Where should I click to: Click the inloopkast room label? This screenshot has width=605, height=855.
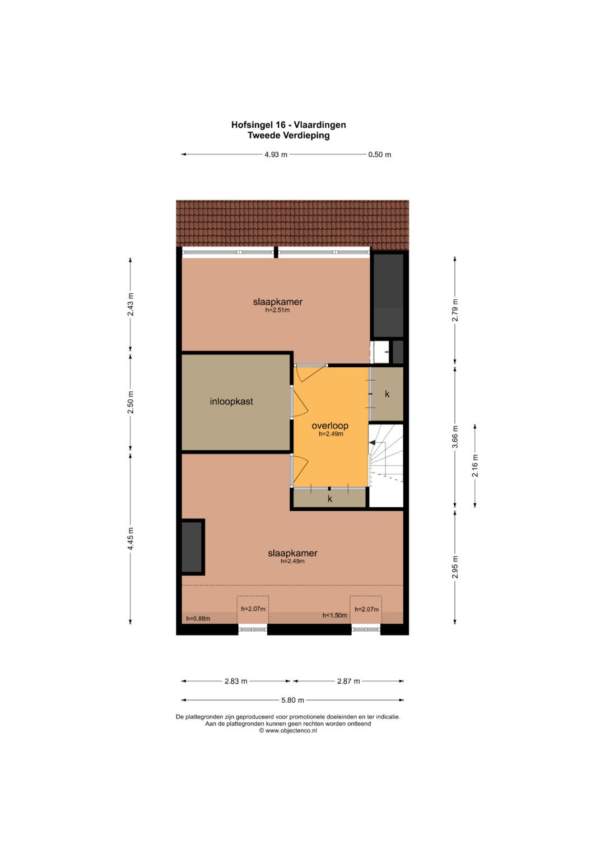[x=231, y=401]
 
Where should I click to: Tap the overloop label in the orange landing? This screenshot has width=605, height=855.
[x=330, y=426]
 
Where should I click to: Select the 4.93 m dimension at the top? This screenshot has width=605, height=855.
[x=276, y=155]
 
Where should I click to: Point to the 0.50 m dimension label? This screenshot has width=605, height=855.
[x=380, y=155]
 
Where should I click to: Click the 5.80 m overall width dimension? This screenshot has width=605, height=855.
[x=292, y=700]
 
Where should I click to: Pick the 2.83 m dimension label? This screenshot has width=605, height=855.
[x=236, y=681]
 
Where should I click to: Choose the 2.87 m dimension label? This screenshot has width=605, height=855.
[x=348, y=681]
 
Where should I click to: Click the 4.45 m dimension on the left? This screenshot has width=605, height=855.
[x=131, y=539]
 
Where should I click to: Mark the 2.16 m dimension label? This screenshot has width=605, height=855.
[x=475, y=465]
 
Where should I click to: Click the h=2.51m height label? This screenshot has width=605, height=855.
[x=278, y=310]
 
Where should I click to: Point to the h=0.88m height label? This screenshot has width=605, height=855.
[x=198, y=619]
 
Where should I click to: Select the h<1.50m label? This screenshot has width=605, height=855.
[x=334, y=615]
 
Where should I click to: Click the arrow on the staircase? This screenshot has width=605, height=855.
[x=372, y=442]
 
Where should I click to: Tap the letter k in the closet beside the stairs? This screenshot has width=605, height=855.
[x=387, y=394]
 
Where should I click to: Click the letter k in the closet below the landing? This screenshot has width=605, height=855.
[x=330, y=498]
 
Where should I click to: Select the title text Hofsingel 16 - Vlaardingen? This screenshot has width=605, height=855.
[x=288, y=125]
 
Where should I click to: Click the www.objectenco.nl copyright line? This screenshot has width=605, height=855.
[x=288, y=731]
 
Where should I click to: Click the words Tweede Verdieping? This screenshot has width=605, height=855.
[x=288, y=136]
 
